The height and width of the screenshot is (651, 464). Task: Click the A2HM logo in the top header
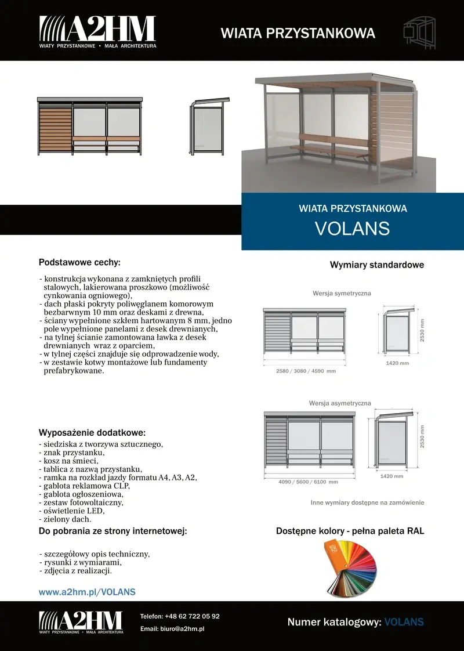tap(97, 31)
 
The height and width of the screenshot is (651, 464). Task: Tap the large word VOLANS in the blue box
tap(352, 228)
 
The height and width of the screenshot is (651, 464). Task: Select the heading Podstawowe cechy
tap(79, 262)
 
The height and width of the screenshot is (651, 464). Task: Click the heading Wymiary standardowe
tap(377, 265)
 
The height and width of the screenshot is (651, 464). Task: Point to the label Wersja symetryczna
tap(342, 294)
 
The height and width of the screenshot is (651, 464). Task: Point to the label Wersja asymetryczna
tap(340, 403)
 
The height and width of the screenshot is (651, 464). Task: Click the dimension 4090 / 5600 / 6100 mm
tap(308, 482)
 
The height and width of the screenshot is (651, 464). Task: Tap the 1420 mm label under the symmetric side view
tap(397, 363)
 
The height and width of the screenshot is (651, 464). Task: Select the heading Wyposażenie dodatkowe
tap(92, 433)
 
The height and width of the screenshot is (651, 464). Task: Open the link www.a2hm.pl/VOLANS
tap(87, 592)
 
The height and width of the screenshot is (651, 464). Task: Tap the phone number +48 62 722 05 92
tap(192, 616)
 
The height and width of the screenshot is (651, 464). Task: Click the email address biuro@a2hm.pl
tap(184, 629)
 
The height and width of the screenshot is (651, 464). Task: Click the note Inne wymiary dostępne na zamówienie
tap(367, 502)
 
